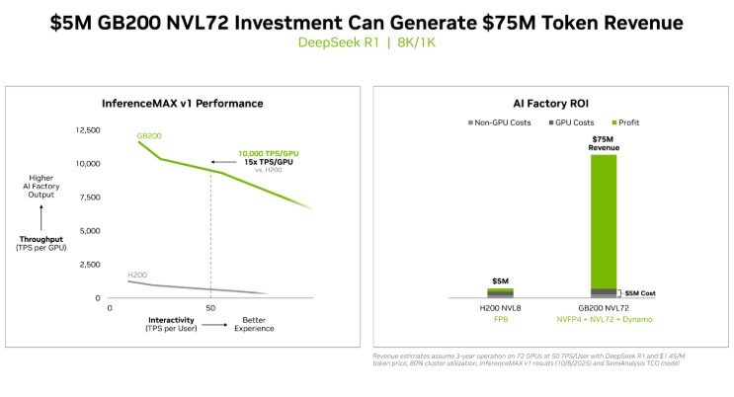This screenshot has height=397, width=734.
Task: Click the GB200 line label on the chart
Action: [149, 134]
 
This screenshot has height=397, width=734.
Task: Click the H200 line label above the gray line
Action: [138, 274]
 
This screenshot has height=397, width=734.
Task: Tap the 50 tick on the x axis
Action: [210, 308]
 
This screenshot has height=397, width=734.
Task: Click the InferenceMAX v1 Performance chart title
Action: [183, 103]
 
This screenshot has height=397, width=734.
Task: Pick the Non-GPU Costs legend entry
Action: [501, 122]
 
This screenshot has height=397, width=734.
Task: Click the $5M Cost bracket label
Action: [640, 293]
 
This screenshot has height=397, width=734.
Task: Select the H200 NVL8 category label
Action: [500, 309]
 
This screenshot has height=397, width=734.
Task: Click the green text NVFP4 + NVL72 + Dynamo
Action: [604, 320]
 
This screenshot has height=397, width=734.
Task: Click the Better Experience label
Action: [254, 324]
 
